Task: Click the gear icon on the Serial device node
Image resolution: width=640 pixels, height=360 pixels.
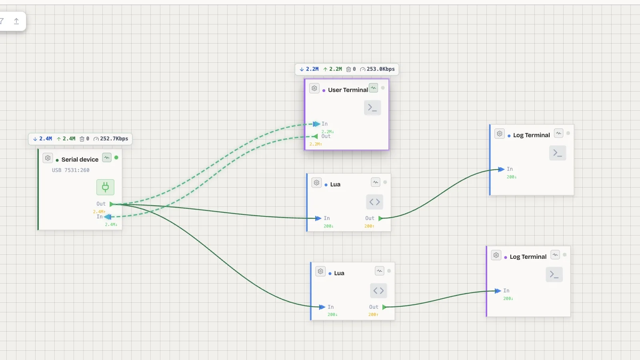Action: tap(48, 158)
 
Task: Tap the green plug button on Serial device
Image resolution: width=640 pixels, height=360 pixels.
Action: tap(105, 187)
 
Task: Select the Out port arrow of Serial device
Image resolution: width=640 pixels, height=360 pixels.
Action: tap(112, 204)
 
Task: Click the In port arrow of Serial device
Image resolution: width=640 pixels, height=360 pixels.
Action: tap(108, 217)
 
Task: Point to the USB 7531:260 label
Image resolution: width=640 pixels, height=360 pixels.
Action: tap(71, 170)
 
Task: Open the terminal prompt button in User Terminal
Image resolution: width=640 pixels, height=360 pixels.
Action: tap(372, 108)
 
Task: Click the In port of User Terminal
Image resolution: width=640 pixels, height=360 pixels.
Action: tap(317, 124)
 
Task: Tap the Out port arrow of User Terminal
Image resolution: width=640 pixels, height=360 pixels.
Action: tap(315, 136)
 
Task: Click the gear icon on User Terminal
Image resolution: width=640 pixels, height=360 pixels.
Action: tap(314, 88)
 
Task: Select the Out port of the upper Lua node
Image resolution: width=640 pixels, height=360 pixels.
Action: tap(380, 218)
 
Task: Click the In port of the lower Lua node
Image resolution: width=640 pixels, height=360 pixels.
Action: tap(322, 307)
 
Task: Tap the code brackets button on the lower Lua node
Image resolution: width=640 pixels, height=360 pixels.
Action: tap(378, 291)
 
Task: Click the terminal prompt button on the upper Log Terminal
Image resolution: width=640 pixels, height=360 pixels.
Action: tap(558, 153)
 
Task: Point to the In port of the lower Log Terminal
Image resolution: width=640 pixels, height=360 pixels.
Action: tap(498, 291)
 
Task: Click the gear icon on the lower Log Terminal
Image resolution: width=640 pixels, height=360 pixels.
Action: tap(496, 255)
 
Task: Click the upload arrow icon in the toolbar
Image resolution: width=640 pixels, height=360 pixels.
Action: tap(16, 21)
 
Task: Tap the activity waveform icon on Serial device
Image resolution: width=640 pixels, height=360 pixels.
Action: tap(107, 158)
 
